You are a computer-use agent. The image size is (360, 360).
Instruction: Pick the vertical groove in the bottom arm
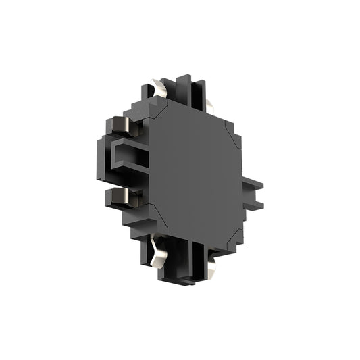pyautogui.click(x=197, y=260)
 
